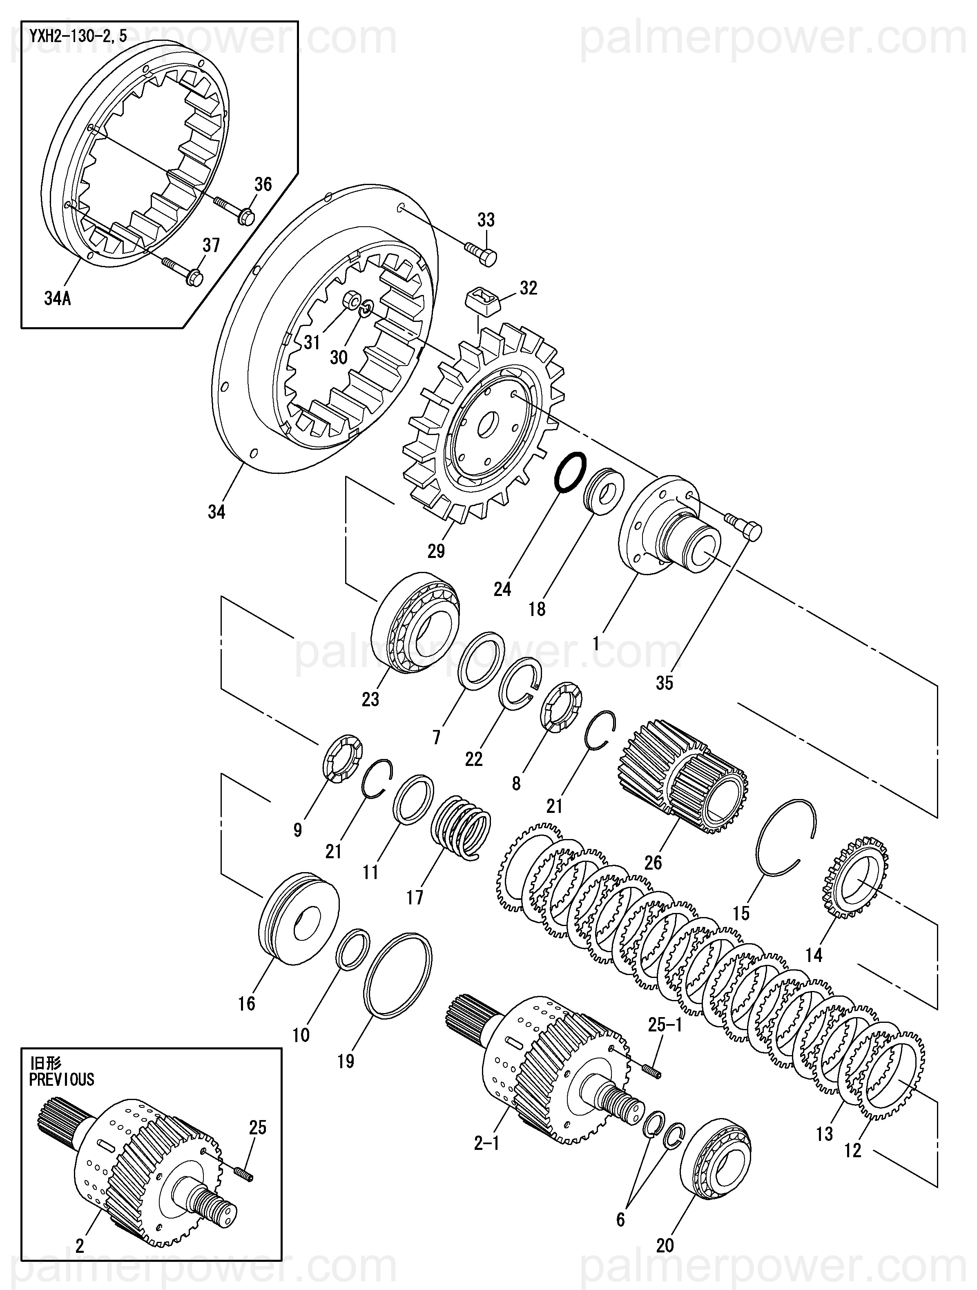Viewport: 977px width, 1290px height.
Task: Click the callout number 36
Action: tap(263, 184)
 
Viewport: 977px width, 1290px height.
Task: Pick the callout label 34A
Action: tap(57, 299)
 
